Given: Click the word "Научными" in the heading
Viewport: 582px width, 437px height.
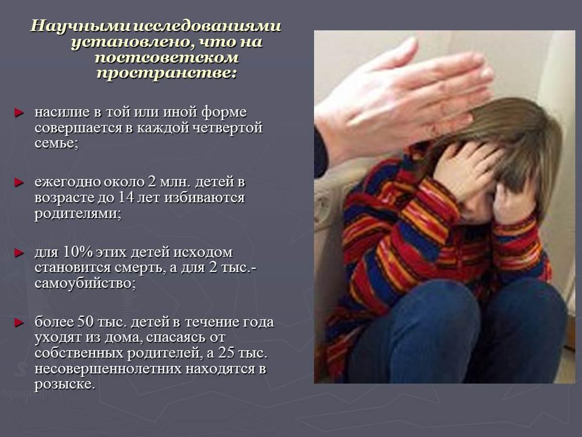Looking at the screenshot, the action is [x=81, y=26].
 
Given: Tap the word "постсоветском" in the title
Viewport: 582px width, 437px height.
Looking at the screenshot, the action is [x=167, y=57].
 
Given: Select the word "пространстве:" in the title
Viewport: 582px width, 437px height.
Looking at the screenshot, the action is [x=167, y=72].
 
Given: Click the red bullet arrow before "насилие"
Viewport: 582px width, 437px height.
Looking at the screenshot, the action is [x=19, y=113].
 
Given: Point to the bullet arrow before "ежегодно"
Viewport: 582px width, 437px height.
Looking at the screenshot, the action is [x=19, y=183].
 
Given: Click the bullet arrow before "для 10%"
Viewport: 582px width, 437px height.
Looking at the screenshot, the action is [x=19, y=253].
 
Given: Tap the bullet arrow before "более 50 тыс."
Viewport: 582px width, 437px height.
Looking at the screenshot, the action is [x=19, y=322].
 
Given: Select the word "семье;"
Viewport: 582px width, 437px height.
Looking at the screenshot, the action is [x=56, y=143].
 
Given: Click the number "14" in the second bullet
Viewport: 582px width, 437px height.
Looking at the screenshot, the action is [x=126, y=197].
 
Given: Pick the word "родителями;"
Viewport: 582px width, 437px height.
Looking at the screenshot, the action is [x=78, y=213].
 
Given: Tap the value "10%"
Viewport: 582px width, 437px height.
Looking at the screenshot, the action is [x=78, y=252].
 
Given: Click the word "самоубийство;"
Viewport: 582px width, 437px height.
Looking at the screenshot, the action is [x=85, y=283].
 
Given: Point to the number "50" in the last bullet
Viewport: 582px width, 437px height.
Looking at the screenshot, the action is [x=85, y=322].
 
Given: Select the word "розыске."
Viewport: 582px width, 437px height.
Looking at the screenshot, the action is [x=65, y=384].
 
